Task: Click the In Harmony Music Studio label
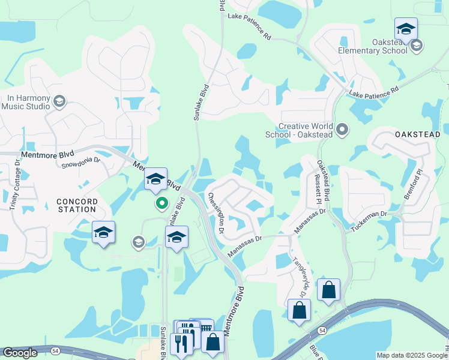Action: [28, 102]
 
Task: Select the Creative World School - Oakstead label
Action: [299, 130]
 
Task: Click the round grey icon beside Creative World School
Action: [342, 128]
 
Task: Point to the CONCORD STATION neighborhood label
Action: [76, 205]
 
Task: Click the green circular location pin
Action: [161, 203]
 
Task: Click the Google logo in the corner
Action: [20, 353]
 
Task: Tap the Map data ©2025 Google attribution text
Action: [412, 355]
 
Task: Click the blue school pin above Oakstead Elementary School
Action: [406, 29]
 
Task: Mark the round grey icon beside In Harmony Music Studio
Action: [59, 101]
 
